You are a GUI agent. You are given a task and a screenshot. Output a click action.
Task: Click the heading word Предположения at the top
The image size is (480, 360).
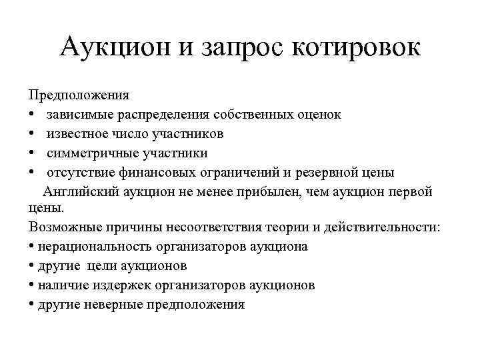[x=79, y=95]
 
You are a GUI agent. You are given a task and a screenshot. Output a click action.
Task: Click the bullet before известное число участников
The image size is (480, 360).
[x=33, y=135]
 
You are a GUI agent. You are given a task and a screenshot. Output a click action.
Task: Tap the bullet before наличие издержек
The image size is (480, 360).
[x=33, y=286]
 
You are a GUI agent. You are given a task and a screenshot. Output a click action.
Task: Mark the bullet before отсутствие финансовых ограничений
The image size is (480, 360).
[x=33, y=173]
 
